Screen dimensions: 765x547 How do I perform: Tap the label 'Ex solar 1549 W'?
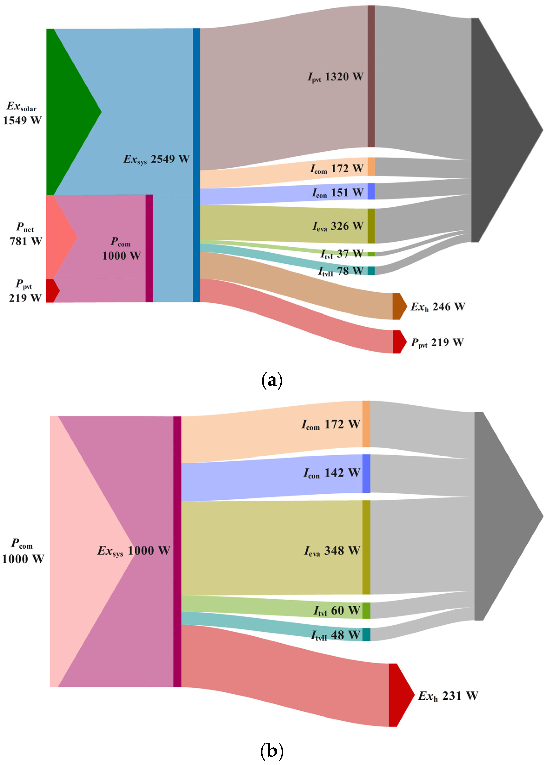tap(22, 113)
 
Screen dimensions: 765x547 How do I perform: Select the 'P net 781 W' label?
tap(26, 234)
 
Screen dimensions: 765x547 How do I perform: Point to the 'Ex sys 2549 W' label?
tap(157, 159)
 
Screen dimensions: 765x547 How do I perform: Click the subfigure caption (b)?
tap(272, 751)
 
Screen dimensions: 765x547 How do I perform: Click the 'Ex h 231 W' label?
tap(448, 696)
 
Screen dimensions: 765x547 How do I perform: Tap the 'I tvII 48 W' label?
tap(335, 635)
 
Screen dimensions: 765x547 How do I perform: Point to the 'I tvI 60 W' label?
tap(337, 611)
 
